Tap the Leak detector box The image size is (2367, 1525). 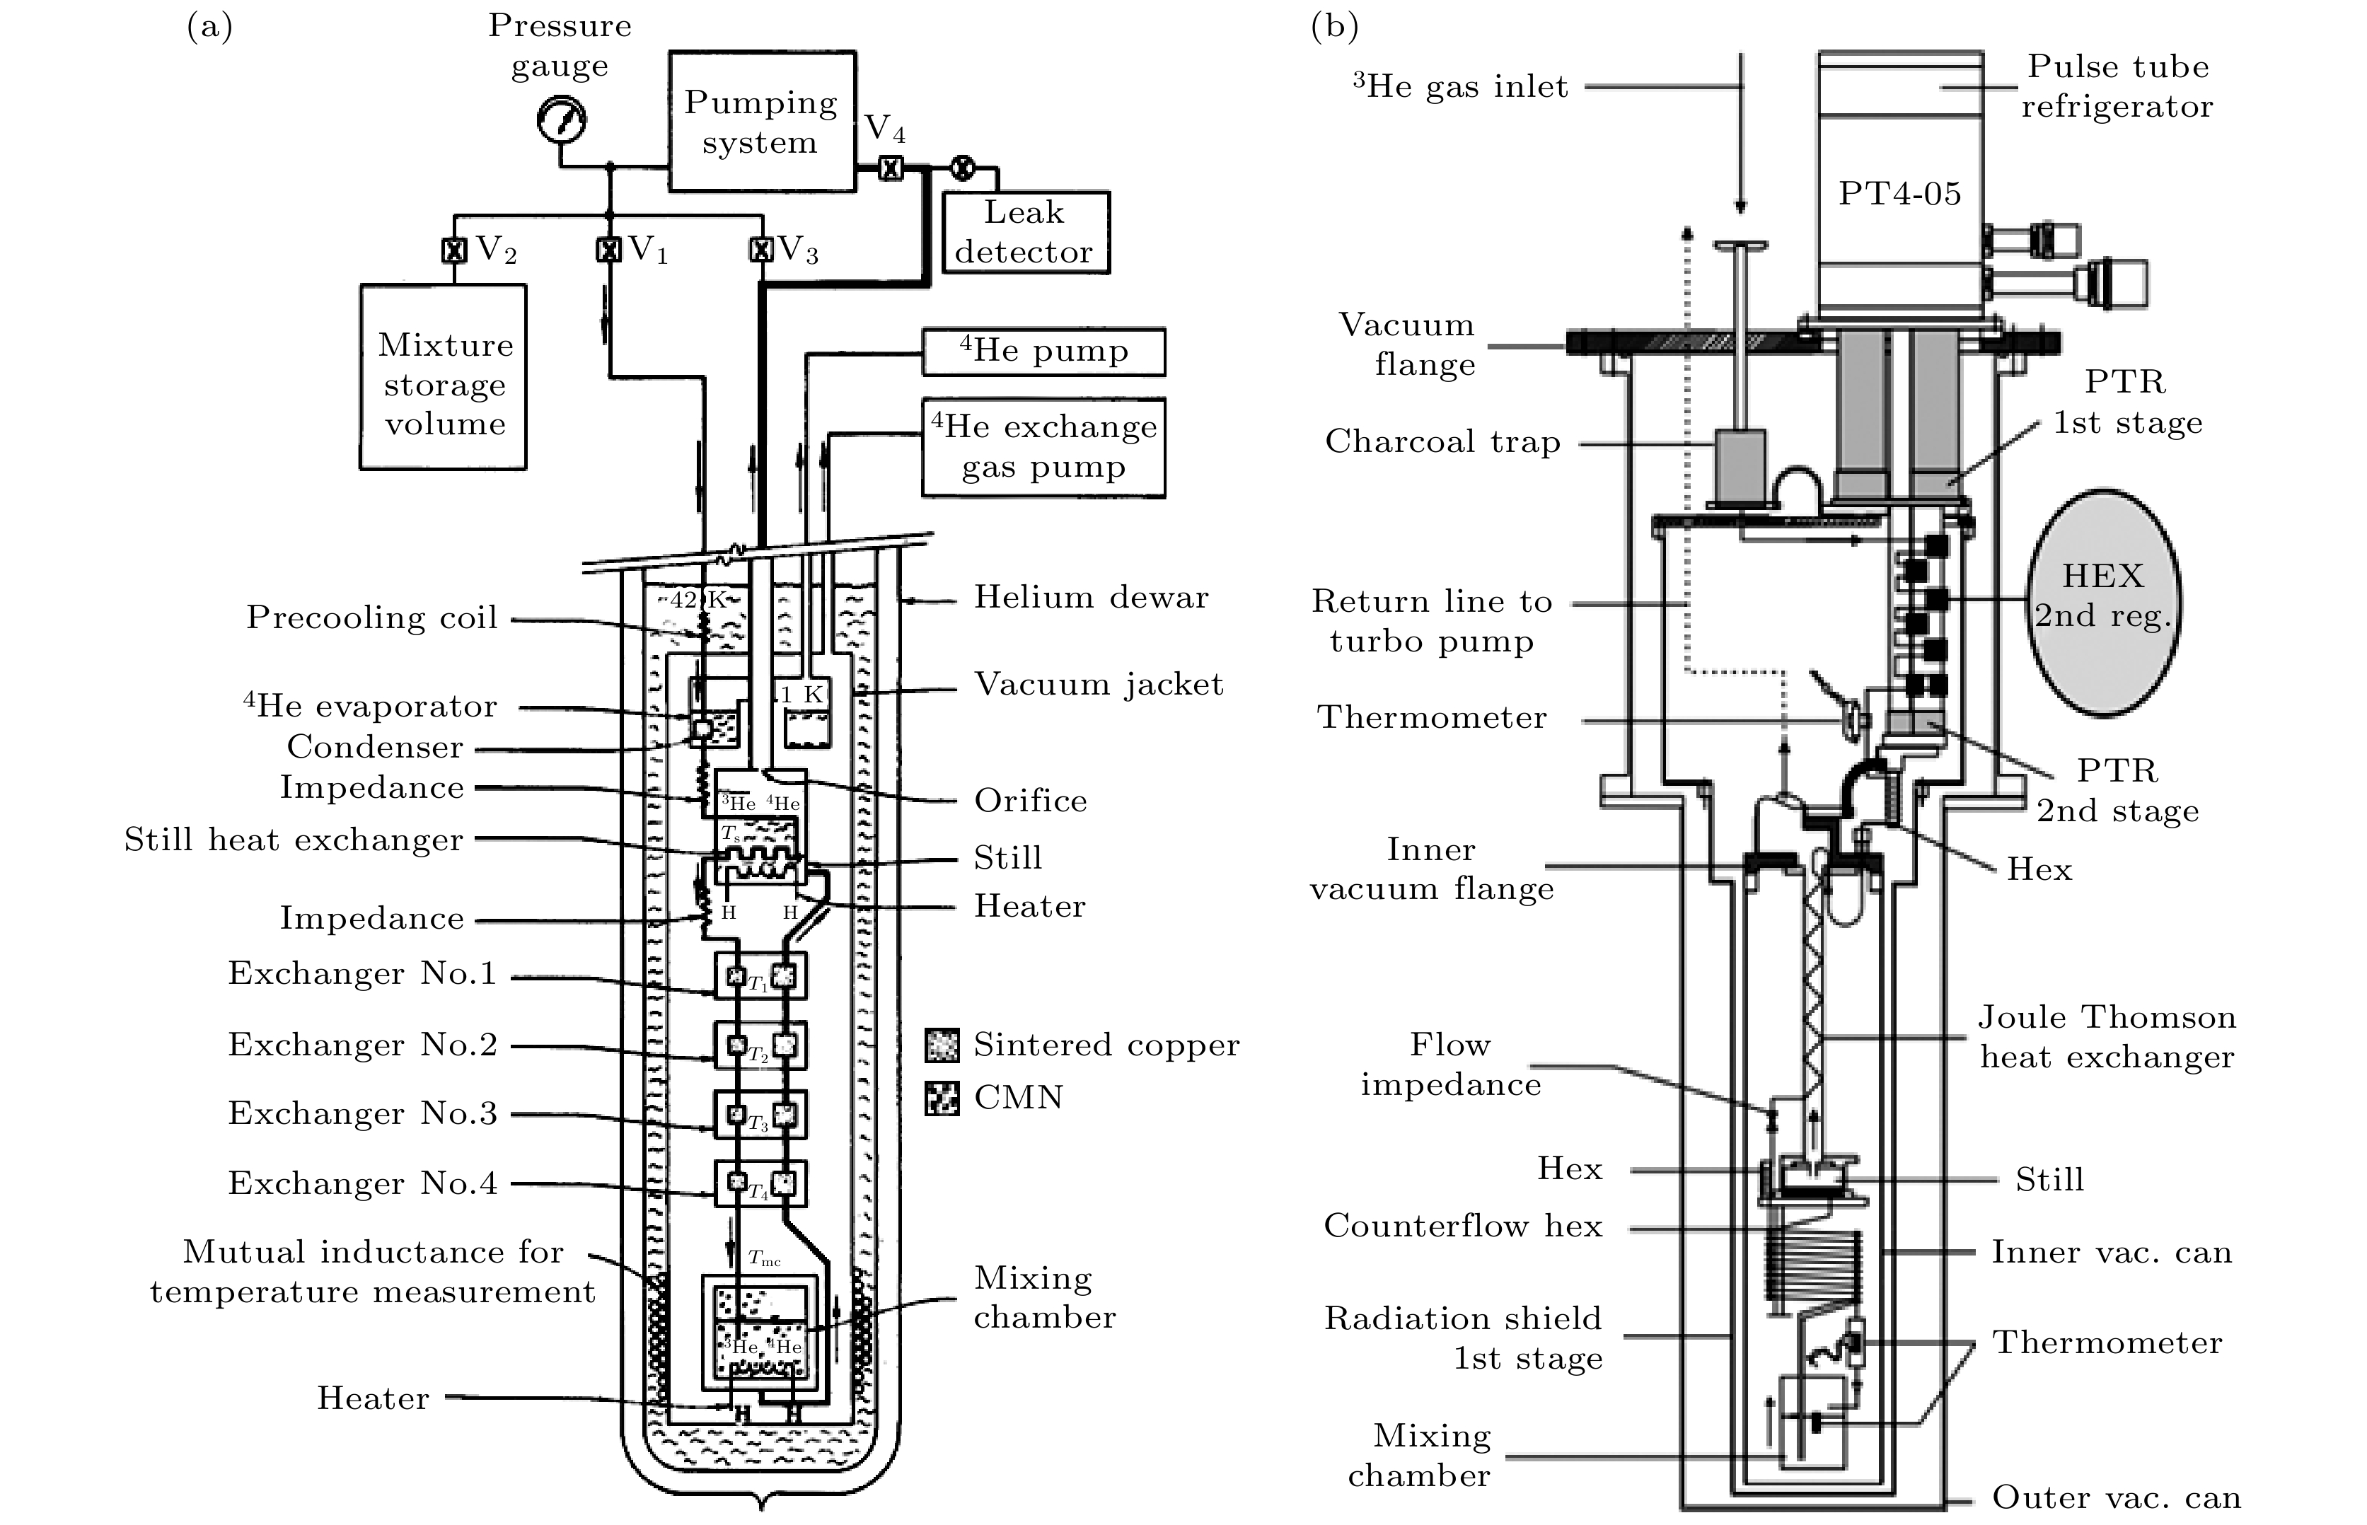(x=1025, y=233)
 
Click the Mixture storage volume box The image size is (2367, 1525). (x=444, y=377)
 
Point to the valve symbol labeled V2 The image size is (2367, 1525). (x=453, y=250)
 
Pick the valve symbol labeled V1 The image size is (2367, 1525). (x=608, y=250)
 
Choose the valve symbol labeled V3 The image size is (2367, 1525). (x=760, y=250)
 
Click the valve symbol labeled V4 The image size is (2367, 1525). (x=891, y=168)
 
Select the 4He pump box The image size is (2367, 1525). (x=1044, y=352)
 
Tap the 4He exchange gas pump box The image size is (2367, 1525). (x=1044, y=448)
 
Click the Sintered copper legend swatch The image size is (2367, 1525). (x=942, y=1045)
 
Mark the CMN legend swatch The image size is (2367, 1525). (x=942, y=1098)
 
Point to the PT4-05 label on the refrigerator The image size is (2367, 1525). (x=1899, y=193)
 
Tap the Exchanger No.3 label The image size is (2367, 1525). (x=362, y=1113)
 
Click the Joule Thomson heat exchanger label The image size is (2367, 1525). (x=2107, y=1037)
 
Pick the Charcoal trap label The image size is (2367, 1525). (x=1442, y=441)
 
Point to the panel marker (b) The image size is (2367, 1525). (x=1334, y=27)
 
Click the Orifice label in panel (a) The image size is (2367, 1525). (x=1030, y=800)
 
